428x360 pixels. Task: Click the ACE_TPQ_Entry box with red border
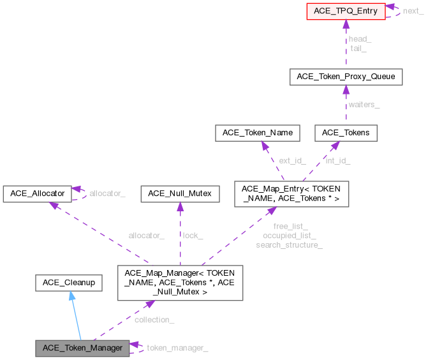346,11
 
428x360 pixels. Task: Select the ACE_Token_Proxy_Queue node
346,77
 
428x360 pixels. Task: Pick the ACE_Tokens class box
346,133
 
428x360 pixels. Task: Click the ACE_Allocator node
36,193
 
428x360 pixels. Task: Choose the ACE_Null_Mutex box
180,193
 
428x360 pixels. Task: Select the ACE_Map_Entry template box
291,193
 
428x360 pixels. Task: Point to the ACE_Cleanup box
69,281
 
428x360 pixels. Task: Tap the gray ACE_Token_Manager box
82,348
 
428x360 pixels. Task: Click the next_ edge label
413,11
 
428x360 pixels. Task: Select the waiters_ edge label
364,105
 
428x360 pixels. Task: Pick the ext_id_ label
292,160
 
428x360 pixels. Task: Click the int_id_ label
337,160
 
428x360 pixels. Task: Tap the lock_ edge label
193,236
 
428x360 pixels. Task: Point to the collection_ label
154,320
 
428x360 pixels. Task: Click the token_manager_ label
177,348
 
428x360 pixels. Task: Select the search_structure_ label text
289,244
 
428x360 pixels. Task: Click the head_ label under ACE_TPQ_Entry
360,39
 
